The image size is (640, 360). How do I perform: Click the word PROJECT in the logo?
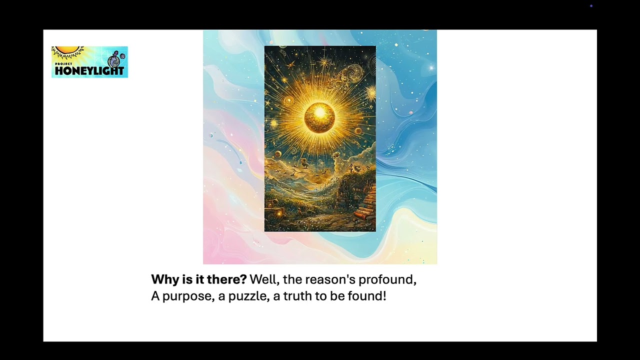click(x=63, y=64)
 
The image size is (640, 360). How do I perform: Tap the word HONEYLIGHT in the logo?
click(x=89, y=71)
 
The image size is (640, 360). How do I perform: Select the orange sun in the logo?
click(x=68, y=50)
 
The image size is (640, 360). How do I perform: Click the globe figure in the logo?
click(x=114, y=60)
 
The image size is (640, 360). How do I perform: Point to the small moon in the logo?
click(x=122, y=56)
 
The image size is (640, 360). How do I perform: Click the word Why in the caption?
click(x=165, y=279)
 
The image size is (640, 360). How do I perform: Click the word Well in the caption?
click(x=264, y=279)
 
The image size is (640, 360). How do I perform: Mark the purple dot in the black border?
click(x=591, y=6)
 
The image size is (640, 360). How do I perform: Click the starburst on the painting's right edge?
click(x=371, y=93)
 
